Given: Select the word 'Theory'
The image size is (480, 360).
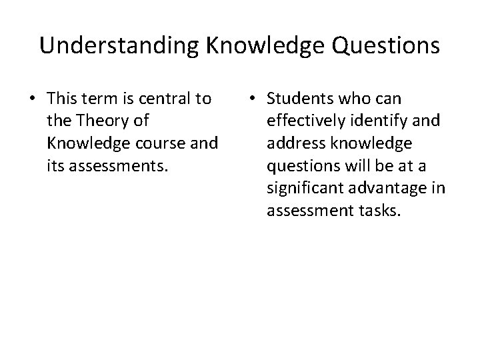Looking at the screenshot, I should click(x=98, y=122).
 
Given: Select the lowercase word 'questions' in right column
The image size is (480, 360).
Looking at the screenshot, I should click(x=298, y=167).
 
